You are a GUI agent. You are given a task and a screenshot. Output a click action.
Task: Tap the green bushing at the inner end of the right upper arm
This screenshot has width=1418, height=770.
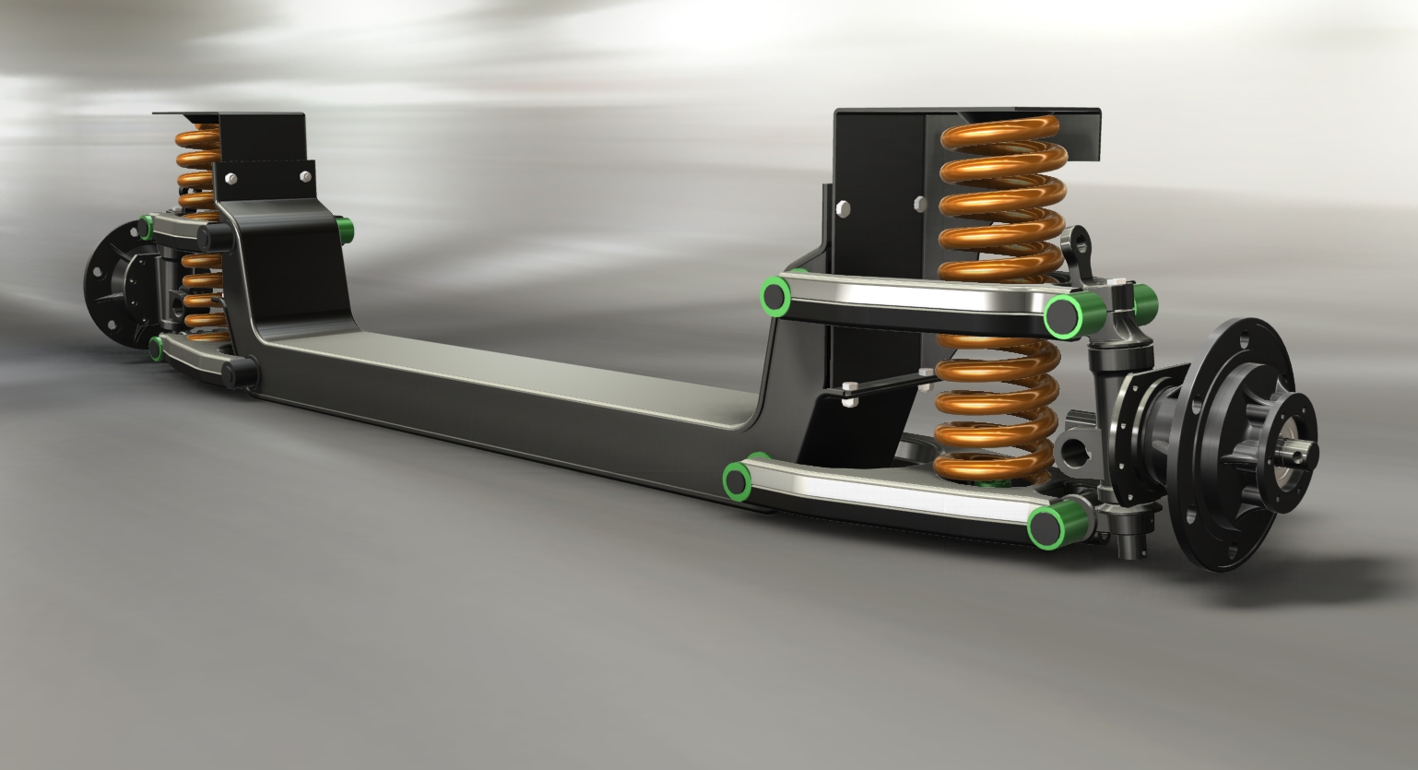[773, 294]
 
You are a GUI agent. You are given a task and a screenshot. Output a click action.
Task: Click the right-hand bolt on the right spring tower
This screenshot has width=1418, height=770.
[918, 204]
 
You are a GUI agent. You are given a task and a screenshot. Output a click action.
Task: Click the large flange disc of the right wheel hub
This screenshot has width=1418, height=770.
[1235, 443]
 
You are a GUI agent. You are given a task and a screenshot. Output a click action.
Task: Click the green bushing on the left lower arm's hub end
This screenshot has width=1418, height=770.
[158, 345]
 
